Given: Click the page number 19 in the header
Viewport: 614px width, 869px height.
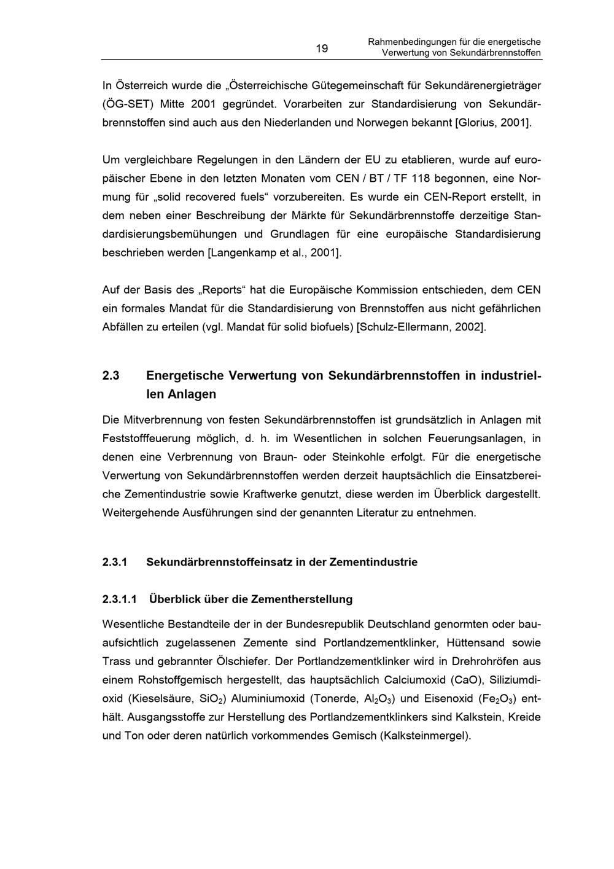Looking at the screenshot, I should (x=322, y=49).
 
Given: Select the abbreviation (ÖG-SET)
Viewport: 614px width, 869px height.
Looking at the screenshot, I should (x=128, y=104).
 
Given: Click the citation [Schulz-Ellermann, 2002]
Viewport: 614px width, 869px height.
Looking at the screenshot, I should (x=421, y=327).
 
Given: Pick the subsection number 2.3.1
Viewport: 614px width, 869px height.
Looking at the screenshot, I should (x=115, y=562).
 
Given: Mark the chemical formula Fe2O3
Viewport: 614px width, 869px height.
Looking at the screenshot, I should (x=497, y=699).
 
